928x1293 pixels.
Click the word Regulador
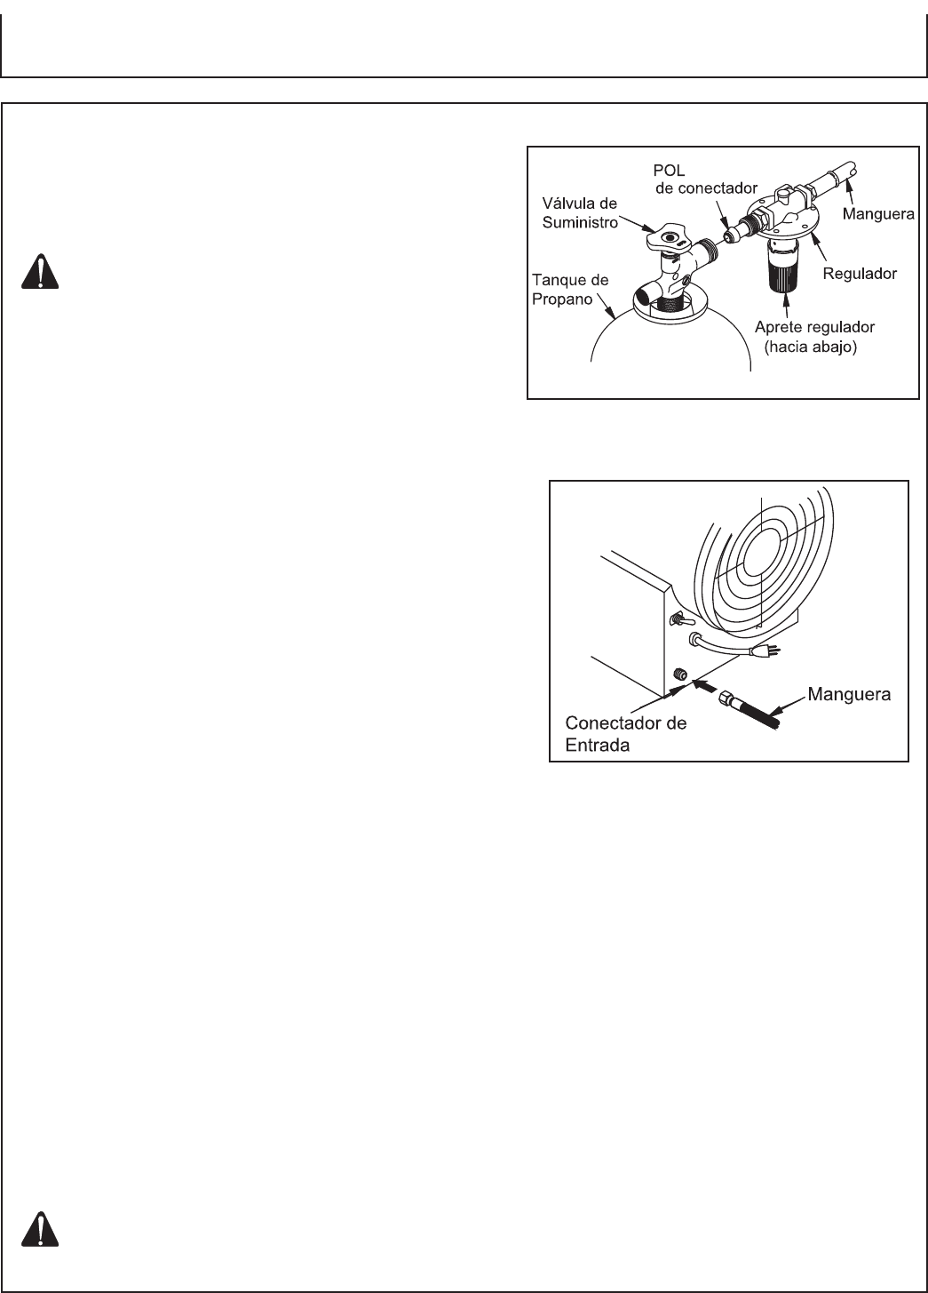pyautogui.click(x=860, y=274)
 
